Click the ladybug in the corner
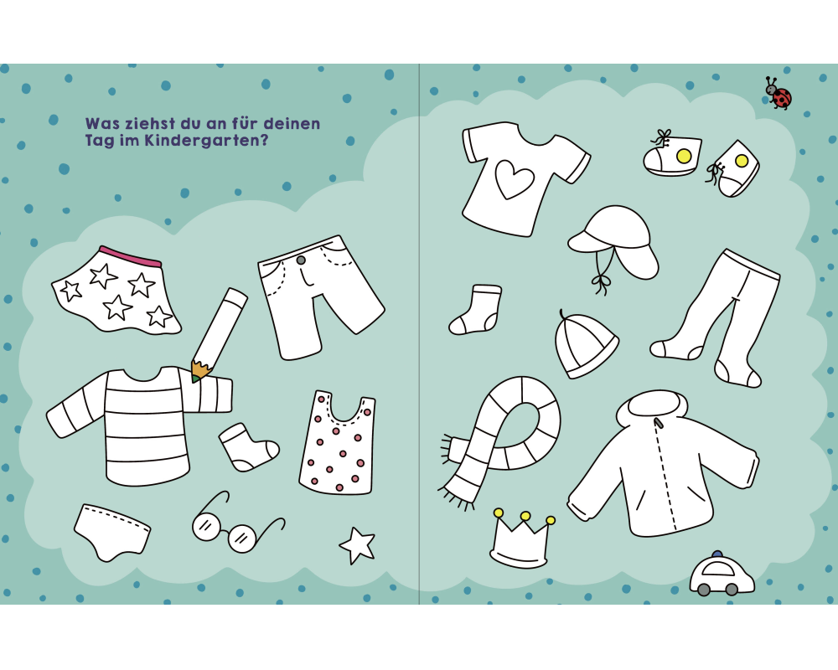point(779,93)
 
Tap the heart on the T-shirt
point(515,179)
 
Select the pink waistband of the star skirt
point(130,256)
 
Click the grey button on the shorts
point(301,260)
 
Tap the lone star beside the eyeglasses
point(357,545)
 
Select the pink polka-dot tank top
point(338,442)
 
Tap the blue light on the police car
point(717,554)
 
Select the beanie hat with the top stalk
point(585,344)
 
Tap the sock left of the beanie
point(476,310)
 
